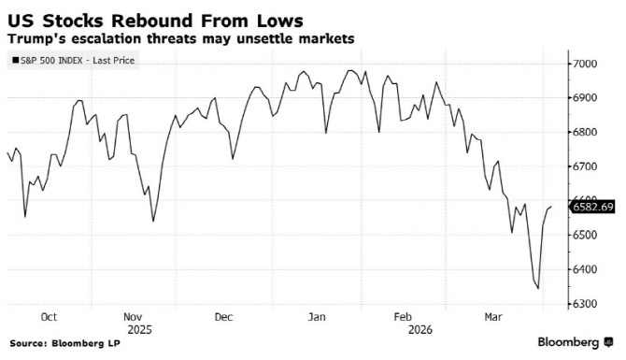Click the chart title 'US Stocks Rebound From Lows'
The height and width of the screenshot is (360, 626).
155,21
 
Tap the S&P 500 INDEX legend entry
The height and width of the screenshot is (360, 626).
74,61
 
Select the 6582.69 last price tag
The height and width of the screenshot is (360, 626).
592,207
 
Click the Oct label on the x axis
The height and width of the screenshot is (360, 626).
49,317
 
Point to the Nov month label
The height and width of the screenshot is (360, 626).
133,317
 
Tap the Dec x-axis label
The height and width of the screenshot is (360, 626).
223,317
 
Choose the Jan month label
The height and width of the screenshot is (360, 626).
317,317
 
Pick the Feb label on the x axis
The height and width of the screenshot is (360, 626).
403,317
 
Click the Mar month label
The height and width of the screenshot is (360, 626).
493,317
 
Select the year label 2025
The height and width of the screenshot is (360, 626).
140,330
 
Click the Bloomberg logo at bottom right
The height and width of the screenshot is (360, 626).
575,342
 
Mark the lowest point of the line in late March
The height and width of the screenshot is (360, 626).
538,289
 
